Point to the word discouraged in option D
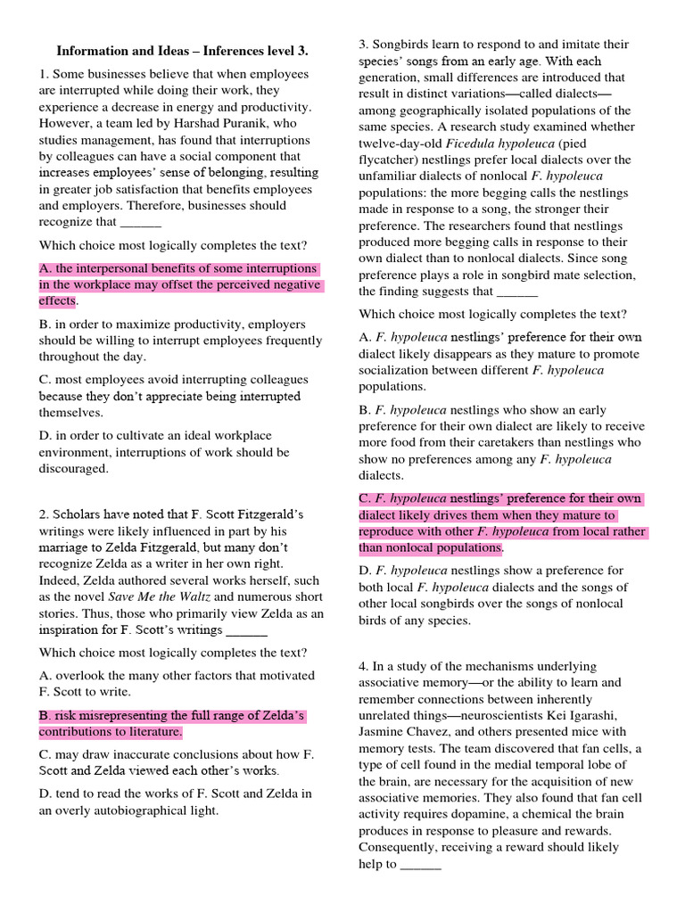pyautogui.click(x=73, y=469)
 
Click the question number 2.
pyautogui.click(x=43, y=514)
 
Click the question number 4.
pyautogui.click(x=363, y=667)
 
